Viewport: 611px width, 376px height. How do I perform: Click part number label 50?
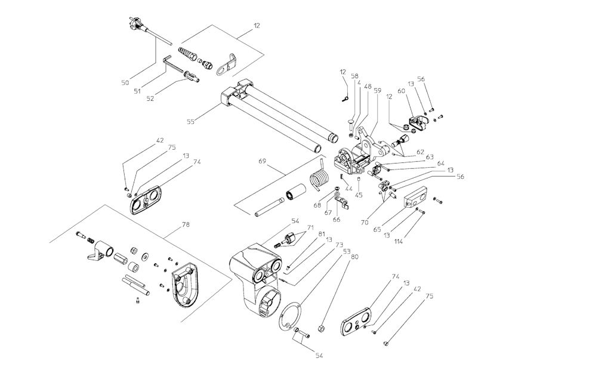pos(125,82)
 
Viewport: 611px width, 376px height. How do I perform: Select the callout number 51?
pos(137,91)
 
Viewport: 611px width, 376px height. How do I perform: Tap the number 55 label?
pos(190,122)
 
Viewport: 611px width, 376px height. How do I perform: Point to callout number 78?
pos(186,224)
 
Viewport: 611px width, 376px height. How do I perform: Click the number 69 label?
pos(263,161)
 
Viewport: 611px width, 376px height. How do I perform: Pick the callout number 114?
pos(398,242)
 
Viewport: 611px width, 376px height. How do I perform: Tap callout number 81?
pos(322,234)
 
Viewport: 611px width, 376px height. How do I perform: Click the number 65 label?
pos(377,230)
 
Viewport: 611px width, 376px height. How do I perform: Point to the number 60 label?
pos(401,91)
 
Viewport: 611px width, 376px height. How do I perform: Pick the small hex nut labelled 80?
pos(322,327)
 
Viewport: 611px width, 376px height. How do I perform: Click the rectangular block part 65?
pos(415,198)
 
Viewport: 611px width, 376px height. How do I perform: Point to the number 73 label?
pos(339,245)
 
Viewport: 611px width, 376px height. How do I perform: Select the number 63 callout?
pos(430,156)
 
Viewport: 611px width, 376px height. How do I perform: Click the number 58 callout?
pos(354,76)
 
